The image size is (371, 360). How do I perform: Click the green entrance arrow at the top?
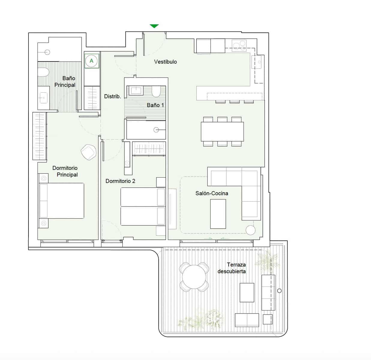(x=154, y=26)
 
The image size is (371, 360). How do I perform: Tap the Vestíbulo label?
(x=165, y=62)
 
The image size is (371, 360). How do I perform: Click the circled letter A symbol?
(x=91, y=61)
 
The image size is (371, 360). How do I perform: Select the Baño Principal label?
(x=65, y=82)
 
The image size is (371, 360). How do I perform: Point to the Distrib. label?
(x=112, y=96)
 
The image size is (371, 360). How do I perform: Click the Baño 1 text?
(x=155, y=105)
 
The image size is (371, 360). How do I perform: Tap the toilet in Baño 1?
(x=156, y=92)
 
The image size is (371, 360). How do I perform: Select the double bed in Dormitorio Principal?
(x=61, y=200)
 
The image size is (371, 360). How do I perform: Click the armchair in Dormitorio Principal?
(x=88, y=152)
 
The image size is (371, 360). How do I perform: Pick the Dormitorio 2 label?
(x=120, y=181)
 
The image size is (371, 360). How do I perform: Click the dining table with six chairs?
(x=222, y=131)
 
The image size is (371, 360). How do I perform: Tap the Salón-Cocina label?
(x=212, y=193)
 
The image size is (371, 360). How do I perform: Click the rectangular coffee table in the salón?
(x=218, y=214)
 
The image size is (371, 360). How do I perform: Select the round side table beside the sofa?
(x=250, y=230)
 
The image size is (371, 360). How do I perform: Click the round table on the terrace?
(x=194, y=277)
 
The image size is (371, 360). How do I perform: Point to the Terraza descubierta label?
(x=232, y=268)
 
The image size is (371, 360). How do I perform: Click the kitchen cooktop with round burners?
(x=239, y=45)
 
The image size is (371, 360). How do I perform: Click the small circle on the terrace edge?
(x=280, y=291)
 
